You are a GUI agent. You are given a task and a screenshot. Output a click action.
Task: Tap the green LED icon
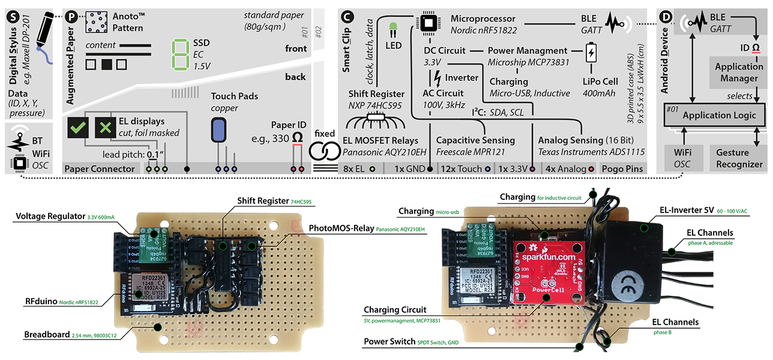pos(393,28)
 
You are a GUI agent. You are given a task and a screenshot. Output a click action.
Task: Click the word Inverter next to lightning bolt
pos(462,77)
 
